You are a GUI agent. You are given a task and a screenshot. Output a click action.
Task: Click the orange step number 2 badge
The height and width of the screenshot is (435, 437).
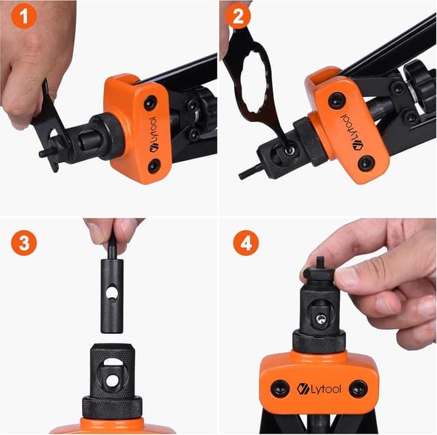tap(238, 17)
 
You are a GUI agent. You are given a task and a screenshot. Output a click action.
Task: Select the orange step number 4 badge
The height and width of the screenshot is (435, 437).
tap(245, 242)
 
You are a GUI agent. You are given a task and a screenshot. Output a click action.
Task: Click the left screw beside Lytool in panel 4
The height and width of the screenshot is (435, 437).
tap(279, 389)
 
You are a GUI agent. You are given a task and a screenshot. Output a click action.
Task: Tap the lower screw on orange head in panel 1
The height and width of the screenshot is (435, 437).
tap(154, 165)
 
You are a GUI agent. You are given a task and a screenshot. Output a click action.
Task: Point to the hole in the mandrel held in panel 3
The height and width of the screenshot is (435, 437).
tap(112, 293)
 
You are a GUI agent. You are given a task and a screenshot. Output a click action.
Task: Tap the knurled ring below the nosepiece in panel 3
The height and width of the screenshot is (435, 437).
tap(112, 407)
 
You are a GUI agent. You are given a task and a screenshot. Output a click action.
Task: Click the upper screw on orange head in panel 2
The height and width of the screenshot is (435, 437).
tap(336, 100)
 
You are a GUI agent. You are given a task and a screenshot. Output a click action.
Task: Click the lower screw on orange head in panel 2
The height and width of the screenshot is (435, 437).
tap(367, 163)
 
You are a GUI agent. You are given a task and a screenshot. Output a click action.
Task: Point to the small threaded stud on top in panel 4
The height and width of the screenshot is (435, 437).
tap(318, 262)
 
